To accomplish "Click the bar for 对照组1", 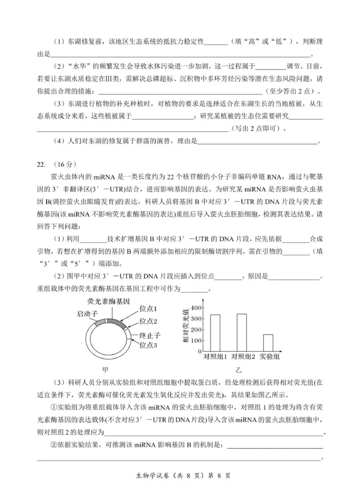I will click(215, 333).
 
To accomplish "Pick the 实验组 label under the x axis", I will click(270, 357).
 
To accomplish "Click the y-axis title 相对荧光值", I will click(185, 327).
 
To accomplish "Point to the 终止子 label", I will click(150, 336).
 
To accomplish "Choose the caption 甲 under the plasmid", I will click(105, 370).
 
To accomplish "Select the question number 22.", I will click(41, 163).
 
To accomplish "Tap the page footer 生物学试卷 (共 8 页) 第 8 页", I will click(180, 476).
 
